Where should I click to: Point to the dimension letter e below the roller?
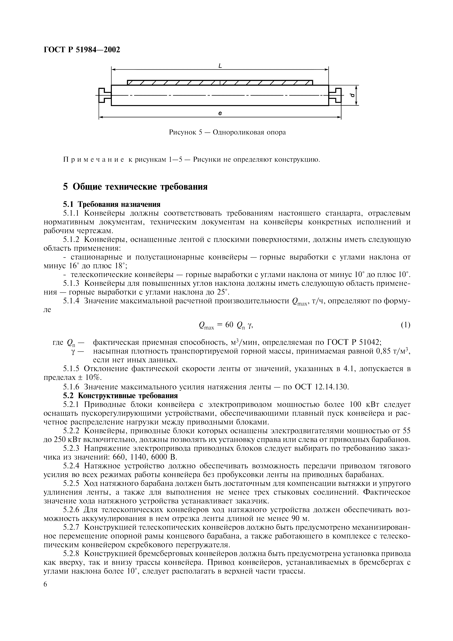pyautogui.click(x=220, y=113)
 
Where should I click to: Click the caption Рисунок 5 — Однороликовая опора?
pyautogui.click(x=228, y=132)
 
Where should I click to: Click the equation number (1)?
pyautogui.click(x=405, y=325)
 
